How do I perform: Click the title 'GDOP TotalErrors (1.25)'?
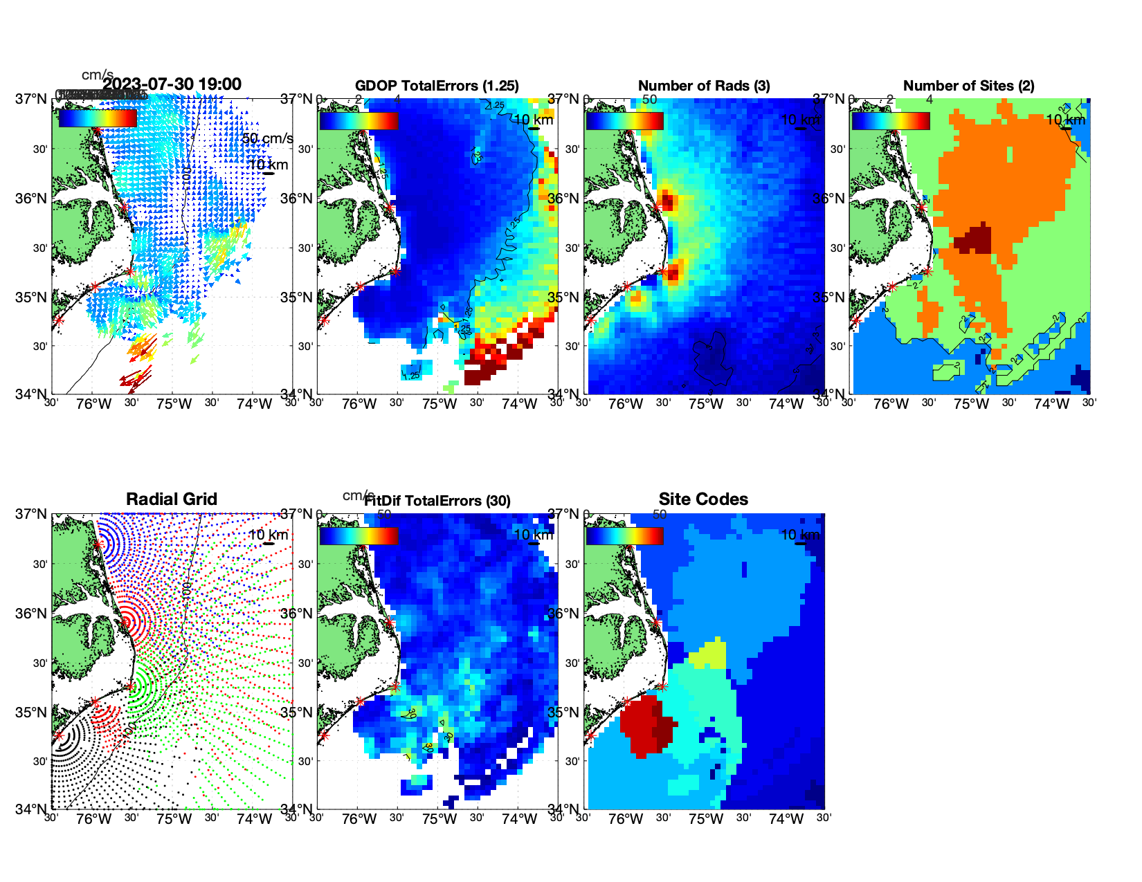point(437,86)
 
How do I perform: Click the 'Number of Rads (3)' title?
point(704,86)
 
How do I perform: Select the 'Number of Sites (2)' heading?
point(968,86)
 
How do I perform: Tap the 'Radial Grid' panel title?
point(172,499)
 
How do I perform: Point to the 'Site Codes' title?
point(703,499)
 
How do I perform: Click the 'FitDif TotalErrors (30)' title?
point(437,501)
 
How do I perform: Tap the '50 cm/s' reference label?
point(268,138)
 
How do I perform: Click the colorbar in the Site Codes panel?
point(624,535)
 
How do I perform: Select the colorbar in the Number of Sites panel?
point(890,120)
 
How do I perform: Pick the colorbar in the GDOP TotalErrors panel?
point(359,120)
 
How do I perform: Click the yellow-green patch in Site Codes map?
point(710,654)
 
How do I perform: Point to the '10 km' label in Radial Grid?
point(268,535)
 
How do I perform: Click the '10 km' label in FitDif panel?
point(533,535)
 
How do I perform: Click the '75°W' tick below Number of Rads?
point(705,404)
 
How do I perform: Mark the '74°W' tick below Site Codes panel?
point(786,819)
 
